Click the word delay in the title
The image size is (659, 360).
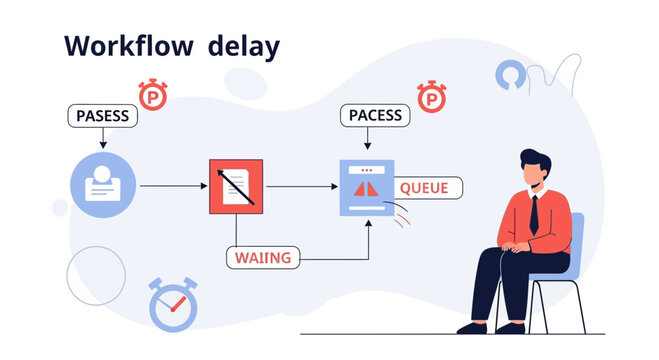[x=244, y=46]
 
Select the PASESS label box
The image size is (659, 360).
[x=102, y=116]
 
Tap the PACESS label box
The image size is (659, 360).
[x=375, y=116]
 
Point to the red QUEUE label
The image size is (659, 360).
[x=430, y=187]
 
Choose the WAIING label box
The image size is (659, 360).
[x=263, y=257]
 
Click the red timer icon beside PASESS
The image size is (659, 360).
[x=153, y=96]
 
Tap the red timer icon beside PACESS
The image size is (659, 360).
[x=431, y=97]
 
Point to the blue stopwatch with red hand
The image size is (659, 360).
[x=173, y=304]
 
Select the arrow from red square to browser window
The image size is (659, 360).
[x=302, y=186]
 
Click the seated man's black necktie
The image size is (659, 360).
[x=536, y=215]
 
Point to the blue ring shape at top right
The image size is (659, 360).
[x=508, y=76]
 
